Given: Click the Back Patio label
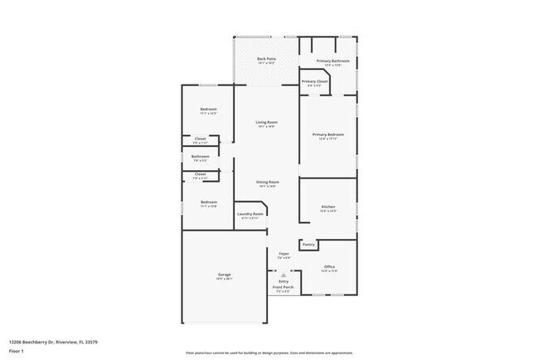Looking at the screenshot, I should coord(265,59).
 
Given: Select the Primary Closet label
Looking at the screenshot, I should coord(315,81).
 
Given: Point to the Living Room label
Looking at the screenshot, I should coord(265,122).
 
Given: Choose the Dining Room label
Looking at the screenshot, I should coord(267,182).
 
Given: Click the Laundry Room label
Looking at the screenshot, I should coord(250,214).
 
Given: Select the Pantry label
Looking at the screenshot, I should coord(308,245).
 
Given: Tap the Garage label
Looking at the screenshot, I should coord(224,275).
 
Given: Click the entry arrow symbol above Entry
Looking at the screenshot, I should coord(284,275).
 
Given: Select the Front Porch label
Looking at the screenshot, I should coord(283,288).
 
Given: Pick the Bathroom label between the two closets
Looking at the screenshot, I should coord(200,156).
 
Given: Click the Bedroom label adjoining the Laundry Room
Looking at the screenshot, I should coord(208,202).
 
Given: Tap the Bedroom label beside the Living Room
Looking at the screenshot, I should coord(208,110).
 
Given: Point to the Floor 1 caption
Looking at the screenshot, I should coord(17,351).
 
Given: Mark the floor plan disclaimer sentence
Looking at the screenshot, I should coord(269,353).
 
